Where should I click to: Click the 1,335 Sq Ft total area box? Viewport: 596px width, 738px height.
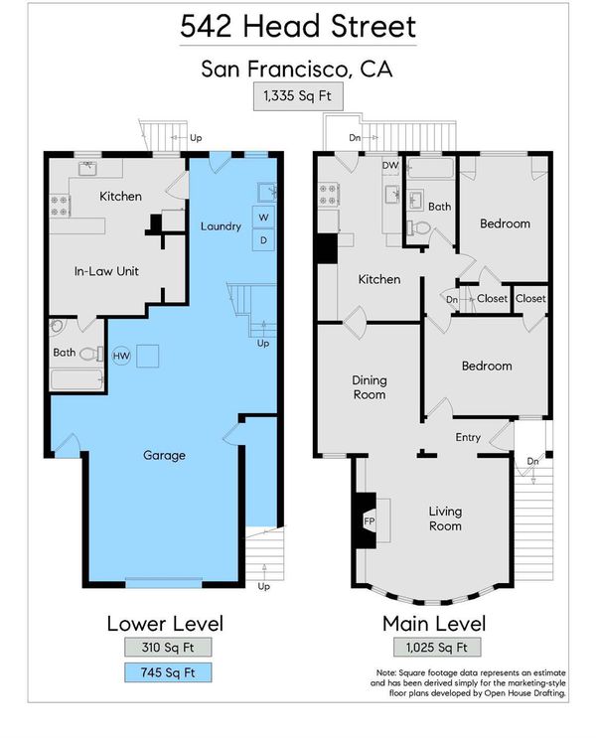[298, 96]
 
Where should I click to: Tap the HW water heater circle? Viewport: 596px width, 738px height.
[121, 356]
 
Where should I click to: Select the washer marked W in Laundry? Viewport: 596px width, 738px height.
[263, 217]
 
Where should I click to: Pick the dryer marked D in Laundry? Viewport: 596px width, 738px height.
[263, 240]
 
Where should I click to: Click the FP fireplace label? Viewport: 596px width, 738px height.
[370, 521]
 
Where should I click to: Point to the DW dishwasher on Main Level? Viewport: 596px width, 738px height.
[390, 166]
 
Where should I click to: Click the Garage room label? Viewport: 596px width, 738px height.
[164, 455]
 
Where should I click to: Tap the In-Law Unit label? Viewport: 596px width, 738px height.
[106, 271]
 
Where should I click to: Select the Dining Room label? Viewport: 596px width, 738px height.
[370, 387]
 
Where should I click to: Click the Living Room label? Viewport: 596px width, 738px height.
[445, 518]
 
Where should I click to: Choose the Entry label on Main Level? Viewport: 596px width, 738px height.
[468, 437]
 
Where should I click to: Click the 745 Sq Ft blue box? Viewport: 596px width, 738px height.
[168, 672]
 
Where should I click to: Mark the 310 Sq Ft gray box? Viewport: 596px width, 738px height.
[168, 647]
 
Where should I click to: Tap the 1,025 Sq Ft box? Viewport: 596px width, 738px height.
[437, 647]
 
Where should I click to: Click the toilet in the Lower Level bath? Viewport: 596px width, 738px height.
[91, 354]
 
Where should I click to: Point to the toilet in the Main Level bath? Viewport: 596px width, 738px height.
[418, 228]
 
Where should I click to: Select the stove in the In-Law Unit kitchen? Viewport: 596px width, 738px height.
[60, 207]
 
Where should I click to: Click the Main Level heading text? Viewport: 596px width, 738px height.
[434, 624]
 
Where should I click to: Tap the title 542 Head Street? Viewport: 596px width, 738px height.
[298, 27]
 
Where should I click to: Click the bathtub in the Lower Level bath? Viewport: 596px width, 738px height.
[76, 379]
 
